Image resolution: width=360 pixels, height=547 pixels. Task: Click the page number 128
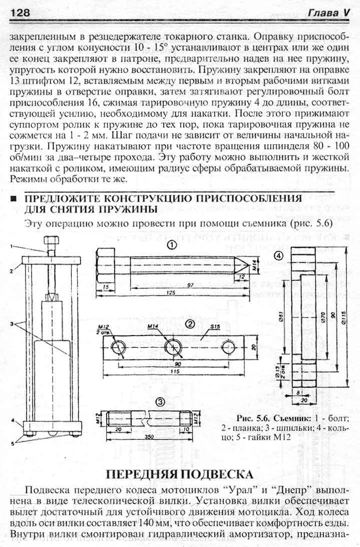pos(20,12)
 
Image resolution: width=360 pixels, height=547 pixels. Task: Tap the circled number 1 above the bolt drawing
pos(172,245)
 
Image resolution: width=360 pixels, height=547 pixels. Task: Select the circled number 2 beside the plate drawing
pos(190,324)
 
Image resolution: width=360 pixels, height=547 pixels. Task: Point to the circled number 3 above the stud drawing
pos(159,402)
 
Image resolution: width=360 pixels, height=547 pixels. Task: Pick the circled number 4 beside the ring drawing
pos(279,255)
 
